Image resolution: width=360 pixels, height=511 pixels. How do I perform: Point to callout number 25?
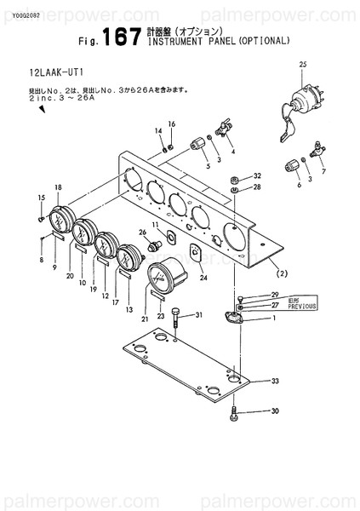300,64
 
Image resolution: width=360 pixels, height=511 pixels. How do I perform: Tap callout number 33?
274,381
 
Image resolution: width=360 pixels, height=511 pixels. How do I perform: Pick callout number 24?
203,278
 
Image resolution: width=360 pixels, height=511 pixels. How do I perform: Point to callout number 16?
171,124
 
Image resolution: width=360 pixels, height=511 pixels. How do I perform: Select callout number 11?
156,225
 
